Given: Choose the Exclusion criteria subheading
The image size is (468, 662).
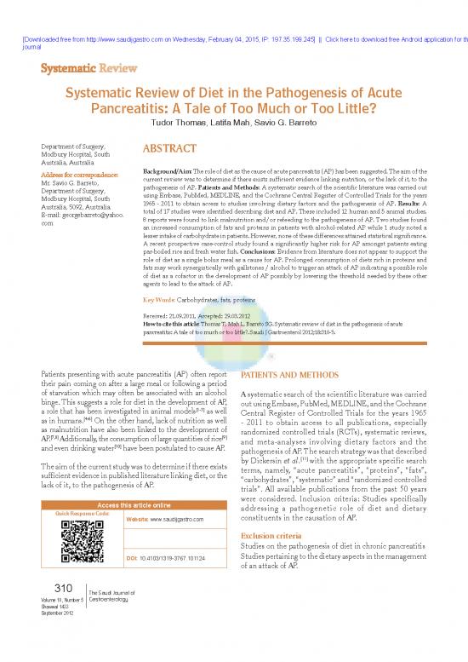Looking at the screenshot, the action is (x=271, y=535).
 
